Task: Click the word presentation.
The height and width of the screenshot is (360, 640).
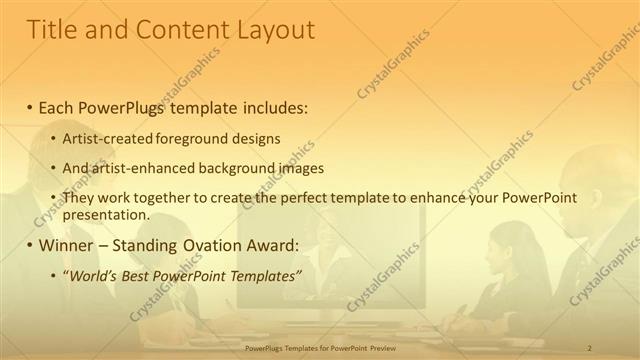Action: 105,214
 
